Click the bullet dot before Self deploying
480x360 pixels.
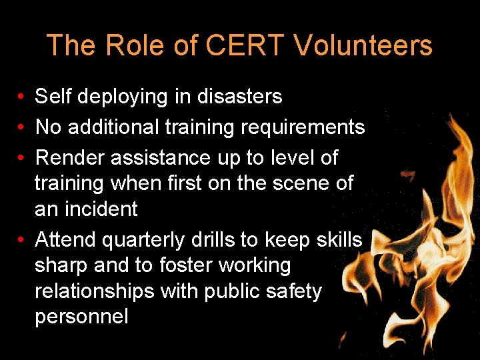(x=22, y=97)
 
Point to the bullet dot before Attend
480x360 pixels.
(x=22, y=239)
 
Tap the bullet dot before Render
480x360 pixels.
(x=22, y=159)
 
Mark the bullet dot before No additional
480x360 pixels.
(x=22, y=128)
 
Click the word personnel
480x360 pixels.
(x=81, y=317)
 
